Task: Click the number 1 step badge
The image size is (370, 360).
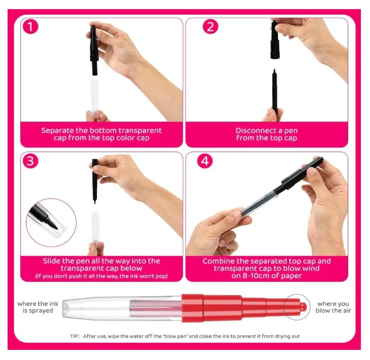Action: (30, 27)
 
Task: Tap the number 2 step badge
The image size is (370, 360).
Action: (210, 26)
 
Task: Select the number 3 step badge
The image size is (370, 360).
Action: (30, 161)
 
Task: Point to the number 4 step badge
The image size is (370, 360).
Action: (205, 161)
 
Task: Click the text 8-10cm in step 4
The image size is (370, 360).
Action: (256, 276)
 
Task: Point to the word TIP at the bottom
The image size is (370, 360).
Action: (75, 336)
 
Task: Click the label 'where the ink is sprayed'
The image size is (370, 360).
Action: (38, 307)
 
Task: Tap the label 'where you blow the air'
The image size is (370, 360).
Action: (333, 307)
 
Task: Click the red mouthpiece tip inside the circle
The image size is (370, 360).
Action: (302, 307)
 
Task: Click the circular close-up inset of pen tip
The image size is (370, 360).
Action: (51, 223)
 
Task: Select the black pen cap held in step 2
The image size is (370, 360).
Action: (275, 40)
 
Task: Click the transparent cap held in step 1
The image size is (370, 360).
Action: (94, 98)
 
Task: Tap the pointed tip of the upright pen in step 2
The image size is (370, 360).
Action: (274, 69)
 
